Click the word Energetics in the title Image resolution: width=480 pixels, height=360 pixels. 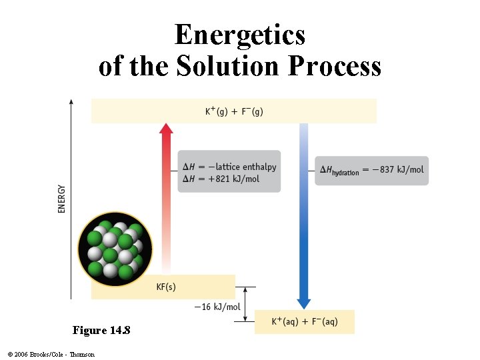(240, 35)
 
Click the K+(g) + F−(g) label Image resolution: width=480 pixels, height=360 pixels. (234, 111)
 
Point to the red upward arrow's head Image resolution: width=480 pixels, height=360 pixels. (166, 129)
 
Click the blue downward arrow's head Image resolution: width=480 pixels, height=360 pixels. (304, 303)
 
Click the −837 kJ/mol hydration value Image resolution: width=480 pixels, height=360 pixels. (398, 169)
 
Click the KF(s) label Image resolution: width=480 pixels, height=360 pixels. (166, 287)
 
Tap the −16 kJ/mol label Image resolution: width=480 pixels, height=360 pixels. (217, 307)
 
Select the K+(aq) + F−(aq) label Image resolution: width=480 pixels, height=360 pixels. (305, 322)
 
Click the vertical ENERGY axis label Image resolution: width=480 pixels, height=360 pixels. (62, 199)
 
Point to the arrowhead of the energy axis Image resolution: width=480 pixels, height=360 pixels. (72, 102)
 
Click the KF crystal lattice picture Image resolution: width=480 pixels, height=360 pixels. (115, 249)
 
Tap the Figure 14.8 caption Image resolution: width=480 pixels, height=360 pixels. (101, 331)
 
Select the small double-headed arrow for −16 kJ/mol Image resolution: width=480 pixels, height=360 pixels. (247, 305)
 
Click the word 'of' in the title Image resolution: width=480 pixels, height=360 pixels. (113, 66)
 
